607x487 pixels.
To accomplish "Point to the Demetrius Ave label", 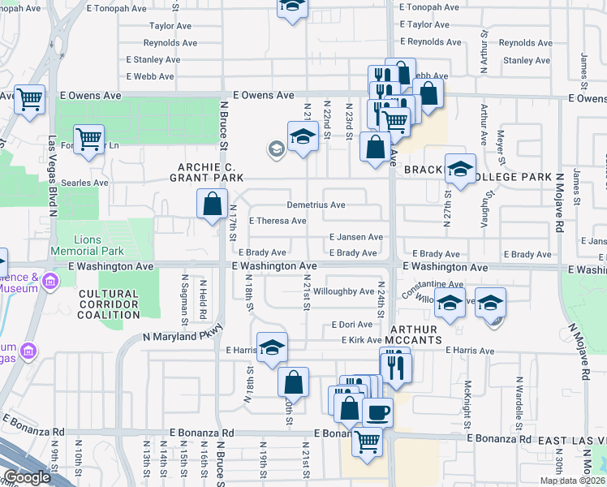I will point(316,205).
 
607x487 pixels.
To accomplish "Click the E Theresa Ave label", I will point(278,221).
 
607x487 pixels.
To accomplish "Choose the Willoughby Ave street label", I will point(343,291).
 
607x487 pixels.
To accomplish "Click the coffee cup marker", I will point(377,413).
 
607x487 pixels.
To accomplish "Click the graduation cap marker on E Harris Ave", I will point(273,347).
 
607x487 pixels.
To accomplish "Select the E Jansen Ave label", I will point(355,237).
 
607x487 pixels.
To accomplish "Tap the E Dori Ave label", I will point(351,325).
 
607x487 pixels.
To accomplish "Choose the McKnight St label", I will point(468,405).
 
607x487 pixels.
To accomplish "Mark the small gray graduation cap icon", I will point(276,148).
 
